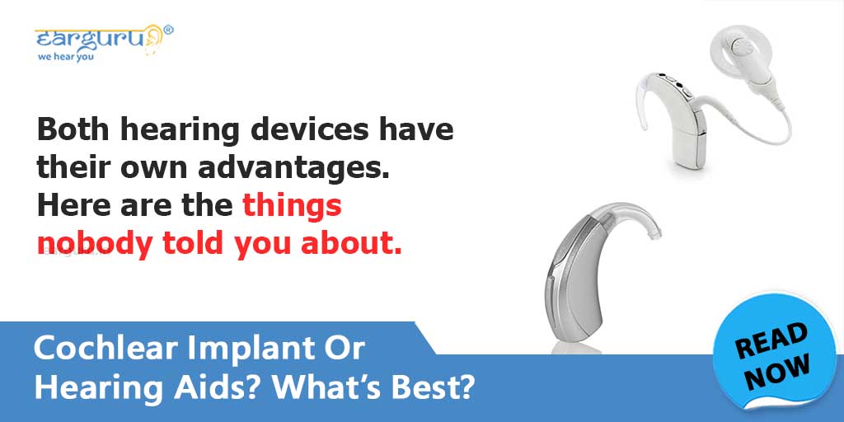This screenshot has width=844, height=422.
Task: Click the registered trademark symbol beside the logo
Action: [x=168, y=30]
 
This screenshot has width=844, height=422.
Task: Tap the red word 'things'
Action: [x=293, y=206]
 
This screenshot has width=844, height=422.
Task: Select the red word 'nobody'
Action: [x=90, y=244]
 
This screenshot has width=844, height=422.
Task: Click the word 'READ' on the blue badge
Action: [x=771, y=339]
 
